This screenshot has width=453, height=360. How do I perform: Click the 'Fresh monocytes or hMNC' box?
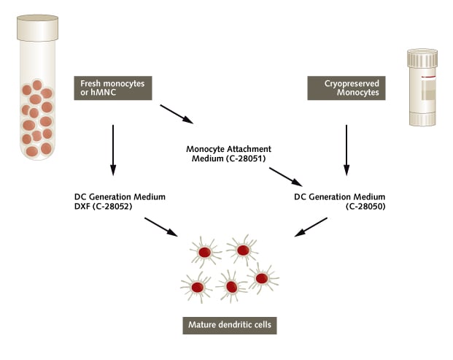pos(113,89)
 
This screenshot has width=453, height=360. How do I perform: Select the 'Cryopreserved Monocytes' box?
pos(346,89)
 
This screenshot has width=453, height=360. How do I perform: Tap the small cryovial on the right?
pos(422,88)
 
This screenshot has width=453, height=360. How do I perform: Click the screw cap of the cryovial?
pos(422,58)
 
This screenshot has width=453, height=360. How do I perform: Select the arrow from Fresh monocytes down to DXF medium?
pos(113,149)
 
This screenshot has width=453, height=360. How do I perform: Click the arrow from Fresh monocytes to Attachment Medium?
pos(177,115)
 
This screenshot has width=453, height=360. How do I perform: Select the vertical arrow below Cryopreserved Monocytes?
pos(346,149)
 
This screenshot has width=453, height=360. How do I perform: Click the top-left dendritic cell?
pos(205,252)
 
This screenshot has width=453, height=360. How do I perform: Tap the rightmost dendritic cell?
pos(261,277)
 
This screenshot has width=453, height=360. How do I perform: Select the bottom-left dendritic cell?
pos(196,286)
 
